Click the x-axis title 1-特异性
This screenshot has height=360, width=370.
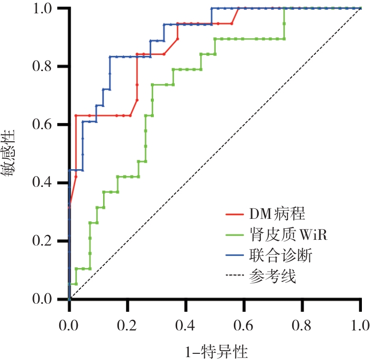(216, 351)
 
